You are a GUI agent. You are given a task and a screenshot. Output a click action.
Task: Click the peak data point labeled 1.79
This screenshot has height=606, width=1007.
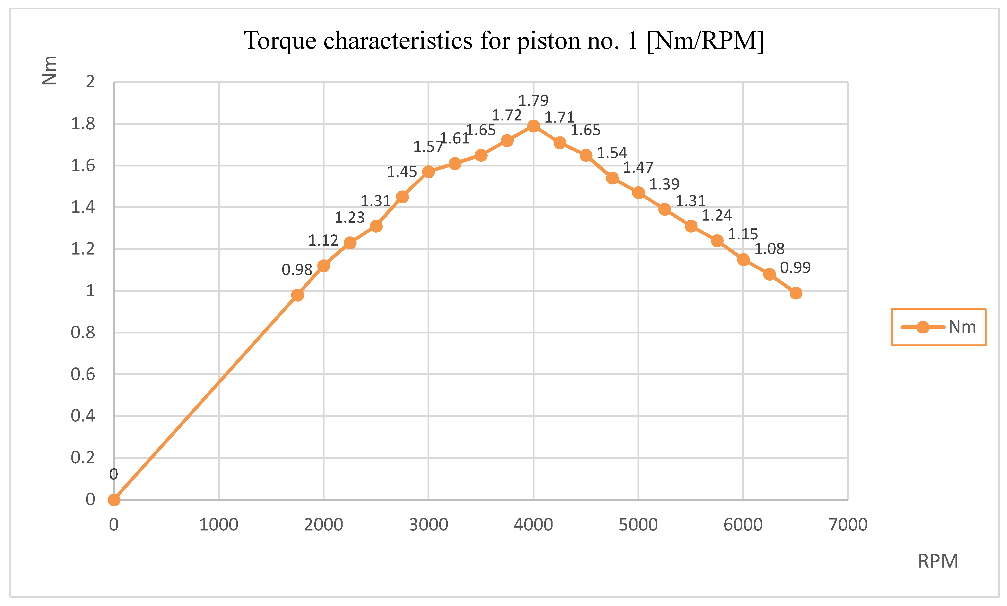[x=533, y=126]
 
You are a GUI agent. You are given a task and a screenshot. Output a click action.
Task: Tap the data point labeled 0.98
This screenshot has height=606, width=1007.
[x=297, y=295]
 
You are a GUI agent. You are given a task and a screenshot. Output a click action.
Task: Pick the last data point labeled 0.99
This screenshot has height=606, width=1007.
[x=795, y=293]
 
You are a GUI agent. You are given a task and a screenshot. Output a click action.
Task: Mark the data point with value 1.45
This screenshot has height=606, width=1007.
[x=402, y=197]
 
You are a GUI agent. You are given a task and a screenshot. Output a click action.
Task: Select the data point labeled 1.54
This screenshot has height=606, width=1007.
[x=612, y=178]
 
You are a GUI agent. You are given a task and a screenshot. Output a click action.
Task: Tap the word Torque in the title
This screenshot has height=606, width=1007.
[x=280, y=41]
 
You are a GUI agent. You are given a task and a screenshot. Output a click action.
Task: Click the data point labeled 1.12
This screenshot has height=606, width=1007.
[x=323, y=266]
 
